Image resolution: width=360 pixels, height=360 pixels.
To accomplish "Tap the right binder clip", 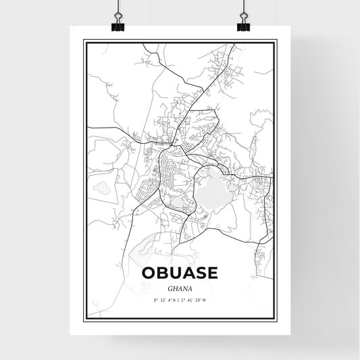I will pos(242,22).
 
